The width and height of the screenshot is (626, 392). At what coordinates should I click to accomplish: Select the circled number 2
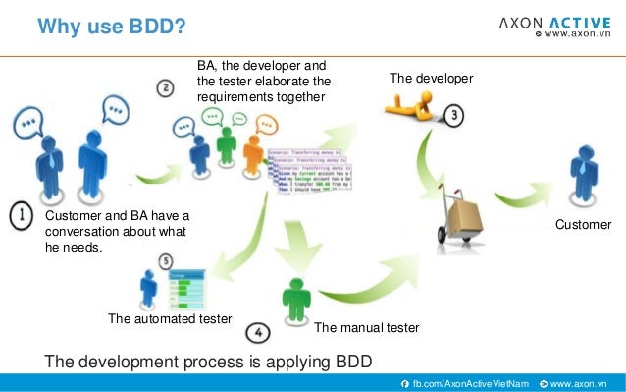click(167, 87)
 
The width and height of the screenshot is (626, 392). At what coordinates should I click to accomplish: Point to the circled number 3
click(454, 115)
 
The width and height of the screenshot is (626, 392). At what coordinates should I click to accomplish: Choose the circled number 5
click(165, 262)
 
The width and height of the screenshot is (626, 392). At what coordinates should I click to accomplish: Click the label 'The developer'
click(431, 78)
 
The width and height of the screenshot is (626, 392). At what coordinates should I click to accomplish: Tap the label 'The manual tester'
click(366, 327)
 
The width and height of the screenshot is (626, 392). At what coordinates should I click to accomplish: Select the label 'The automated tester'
click(169, 319)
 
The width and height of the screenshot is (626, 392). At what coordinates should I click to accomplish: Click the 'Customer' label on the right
click(583, 225)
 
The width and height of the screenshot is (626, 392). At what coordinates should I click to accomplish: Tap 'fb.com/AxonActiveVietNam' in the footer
click(470, 382)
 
